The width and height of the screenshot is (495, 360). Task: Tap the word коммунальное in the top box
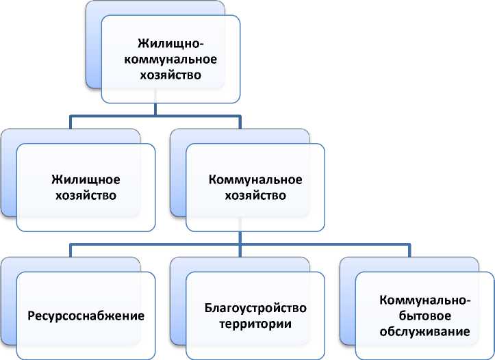[x=170, y=60]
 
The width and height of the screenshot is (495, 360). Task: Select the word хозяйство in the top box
[x=170, y=75]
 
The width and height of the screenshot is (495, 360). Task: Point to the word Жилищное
[x=86, y=180]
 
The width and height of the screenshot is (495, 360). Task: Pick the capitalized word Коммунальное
[x=255, y=180]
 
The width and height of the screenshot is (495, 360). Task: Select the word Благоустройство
[x=255, y=308]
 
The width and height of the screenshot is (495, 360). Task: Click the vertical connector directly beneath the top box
[x=156, y=110]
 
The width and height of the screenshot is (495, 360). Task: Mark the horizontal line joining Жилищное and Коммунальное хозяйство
[x=156, y=116]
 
